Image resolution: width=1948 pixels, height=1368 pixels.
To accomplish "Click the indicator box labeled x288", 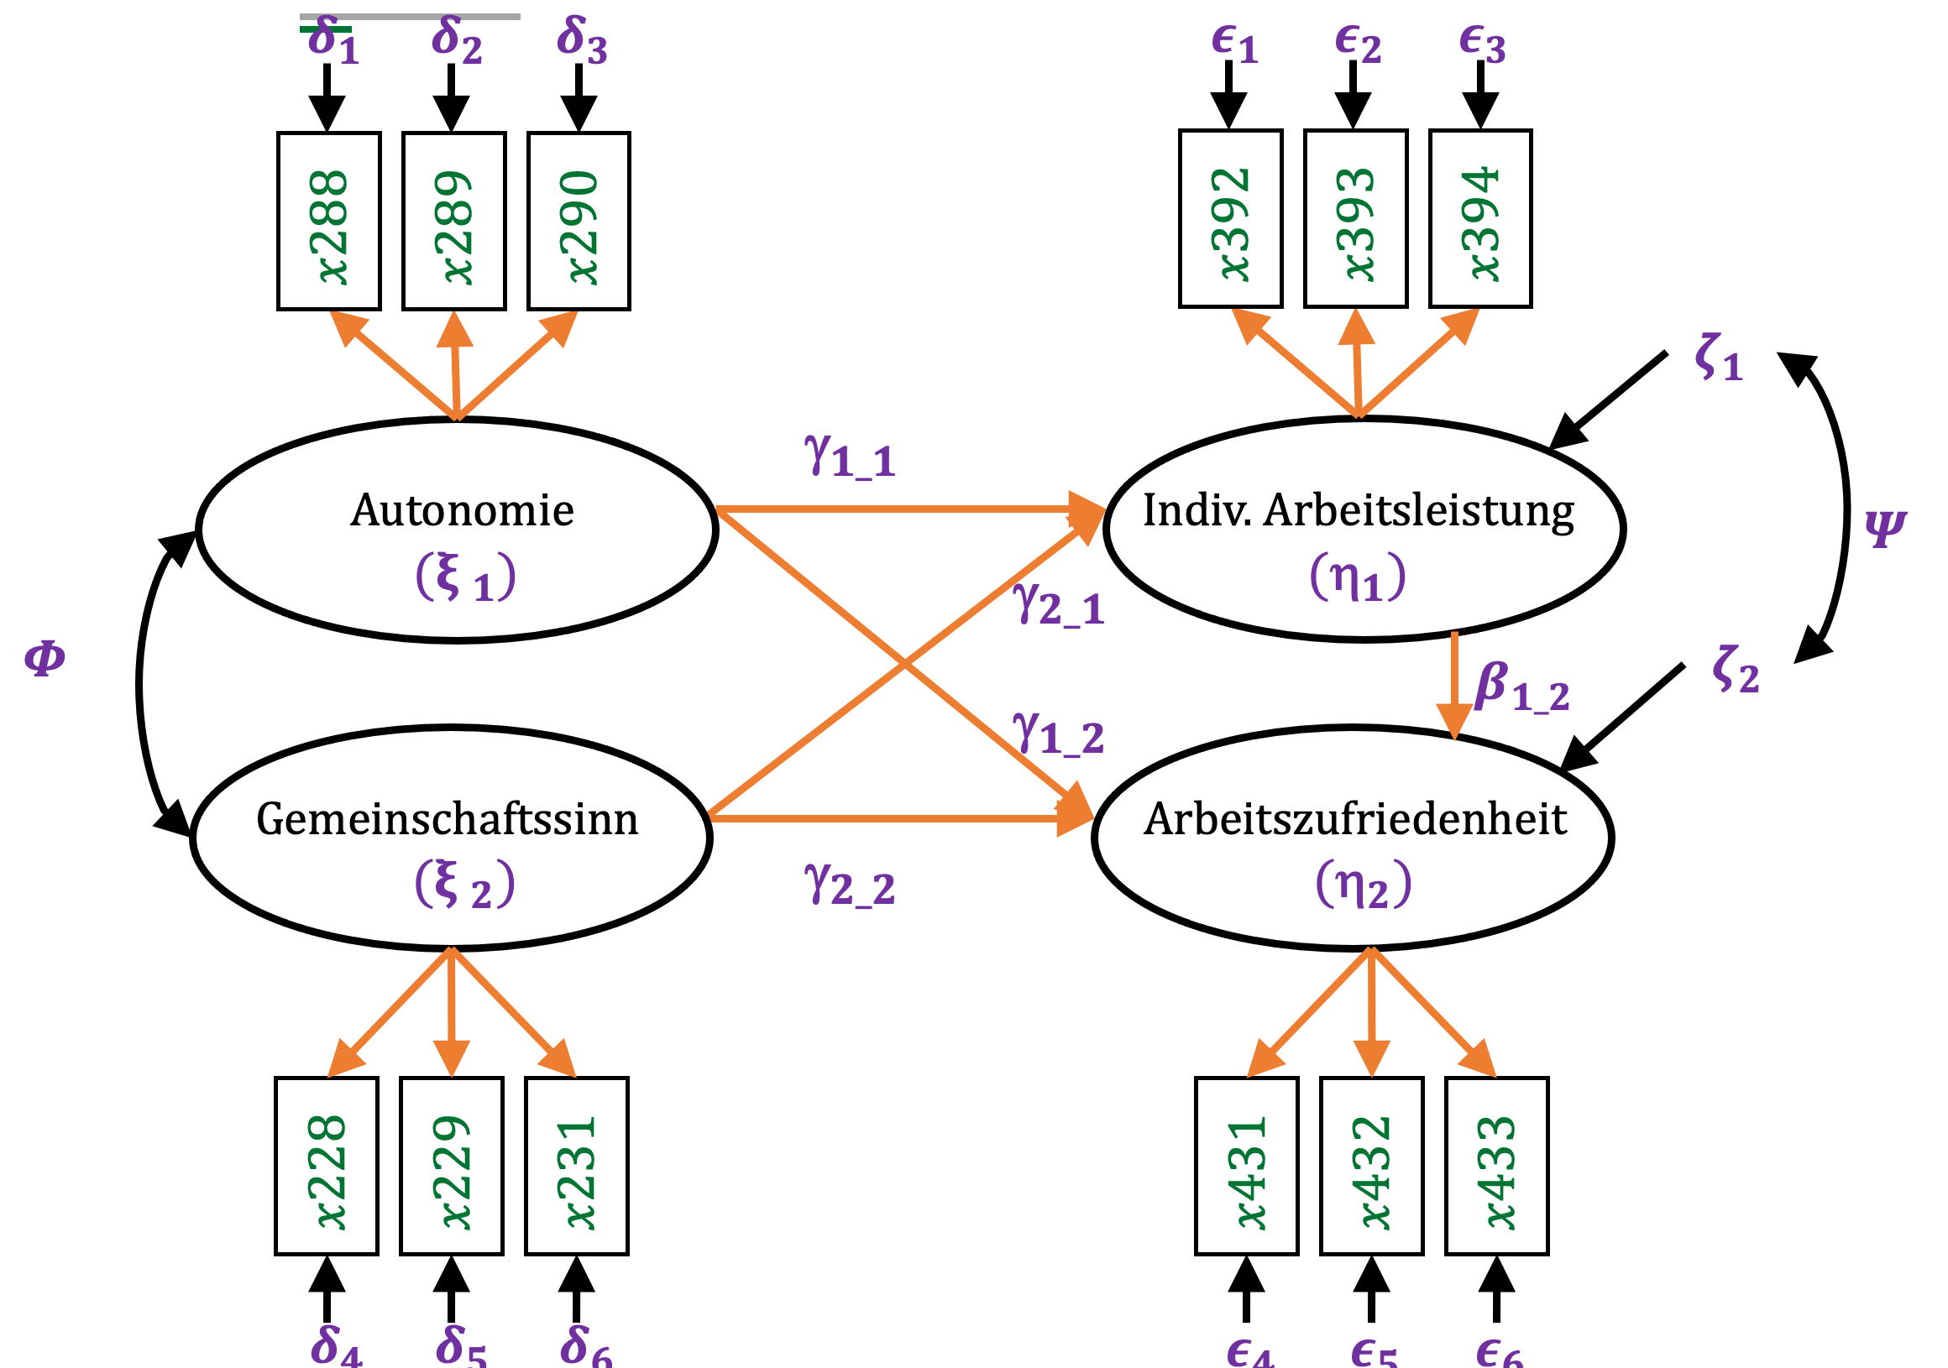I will (x=328, y=222).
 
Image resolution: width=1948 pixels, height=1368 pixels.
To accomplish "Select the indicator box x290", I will (x=579, y=222).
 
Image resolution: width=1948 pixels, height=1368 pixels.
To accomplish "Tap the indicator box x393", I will (x=1356, y=219).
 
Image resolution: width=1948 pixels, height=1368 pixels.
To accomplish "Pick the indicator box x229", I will (x=452, y=1166).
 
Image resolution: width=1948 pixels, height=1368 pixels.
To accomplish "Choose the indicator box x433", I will (x=1496, y=1166).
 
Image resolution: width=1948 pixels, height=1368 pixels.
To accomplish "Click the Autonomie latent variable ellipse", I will (x=458, y=530).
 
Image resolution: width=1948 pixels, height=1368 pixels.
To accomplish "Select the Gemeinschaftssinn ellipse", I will (x=452, y=837).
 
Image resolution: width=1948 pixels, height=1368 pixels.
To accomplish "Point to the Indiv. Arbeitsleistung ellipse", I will (x=1364, y=528).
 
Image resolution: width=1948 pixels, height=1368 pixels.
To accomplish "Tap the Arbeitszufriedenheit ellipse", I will (x=1354, y=837).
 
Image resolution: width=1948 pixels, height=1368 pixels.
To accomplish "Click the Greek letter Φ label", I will (x=45, y=658).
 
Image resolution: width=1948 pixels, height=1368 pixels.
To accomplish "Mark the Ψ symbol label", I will (x=1885, y=528).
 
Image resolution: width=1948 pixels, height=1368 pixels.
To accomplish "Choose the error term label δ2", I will (x=457, y=39).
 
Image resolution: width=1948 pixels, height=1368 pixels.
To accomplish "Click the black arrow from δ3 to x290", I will (x=579, y=97).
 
